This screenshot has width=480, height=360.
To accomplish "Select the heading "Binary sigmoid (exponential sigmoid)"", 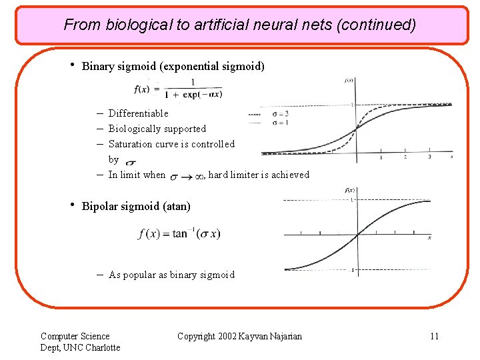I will coord(173,66).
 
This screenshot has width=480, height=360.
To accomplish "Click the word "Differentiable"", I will coord(138,113).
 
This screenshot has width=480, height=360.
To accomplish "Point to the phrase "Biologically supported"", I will coord(157,129).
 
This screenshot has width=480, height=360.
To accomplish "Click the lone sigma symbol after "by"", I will coord(131,162).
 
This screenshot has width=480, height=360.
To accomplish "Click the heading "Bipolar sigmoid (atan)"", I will coord(136,206).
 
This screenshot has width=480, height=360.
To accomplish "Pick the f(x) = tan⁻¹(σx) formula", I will coord(179,234).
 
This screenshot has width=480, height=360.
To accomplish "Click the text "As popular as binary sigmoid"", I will coord(171,275).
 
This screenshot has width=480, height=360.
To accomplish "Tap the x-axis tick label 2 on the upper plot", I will coord(405,157).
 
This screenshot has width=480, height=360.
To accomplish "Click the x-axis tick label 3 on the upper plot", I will coord(429,157).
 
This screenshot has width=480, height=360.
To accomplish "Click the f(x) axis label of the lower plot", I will coord(349,191).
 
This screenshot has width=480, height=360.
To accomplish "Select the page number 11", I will coord(434,336).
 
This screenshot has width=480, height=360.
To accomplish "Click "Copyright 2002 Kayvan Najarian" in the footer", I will coord(239,336).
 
